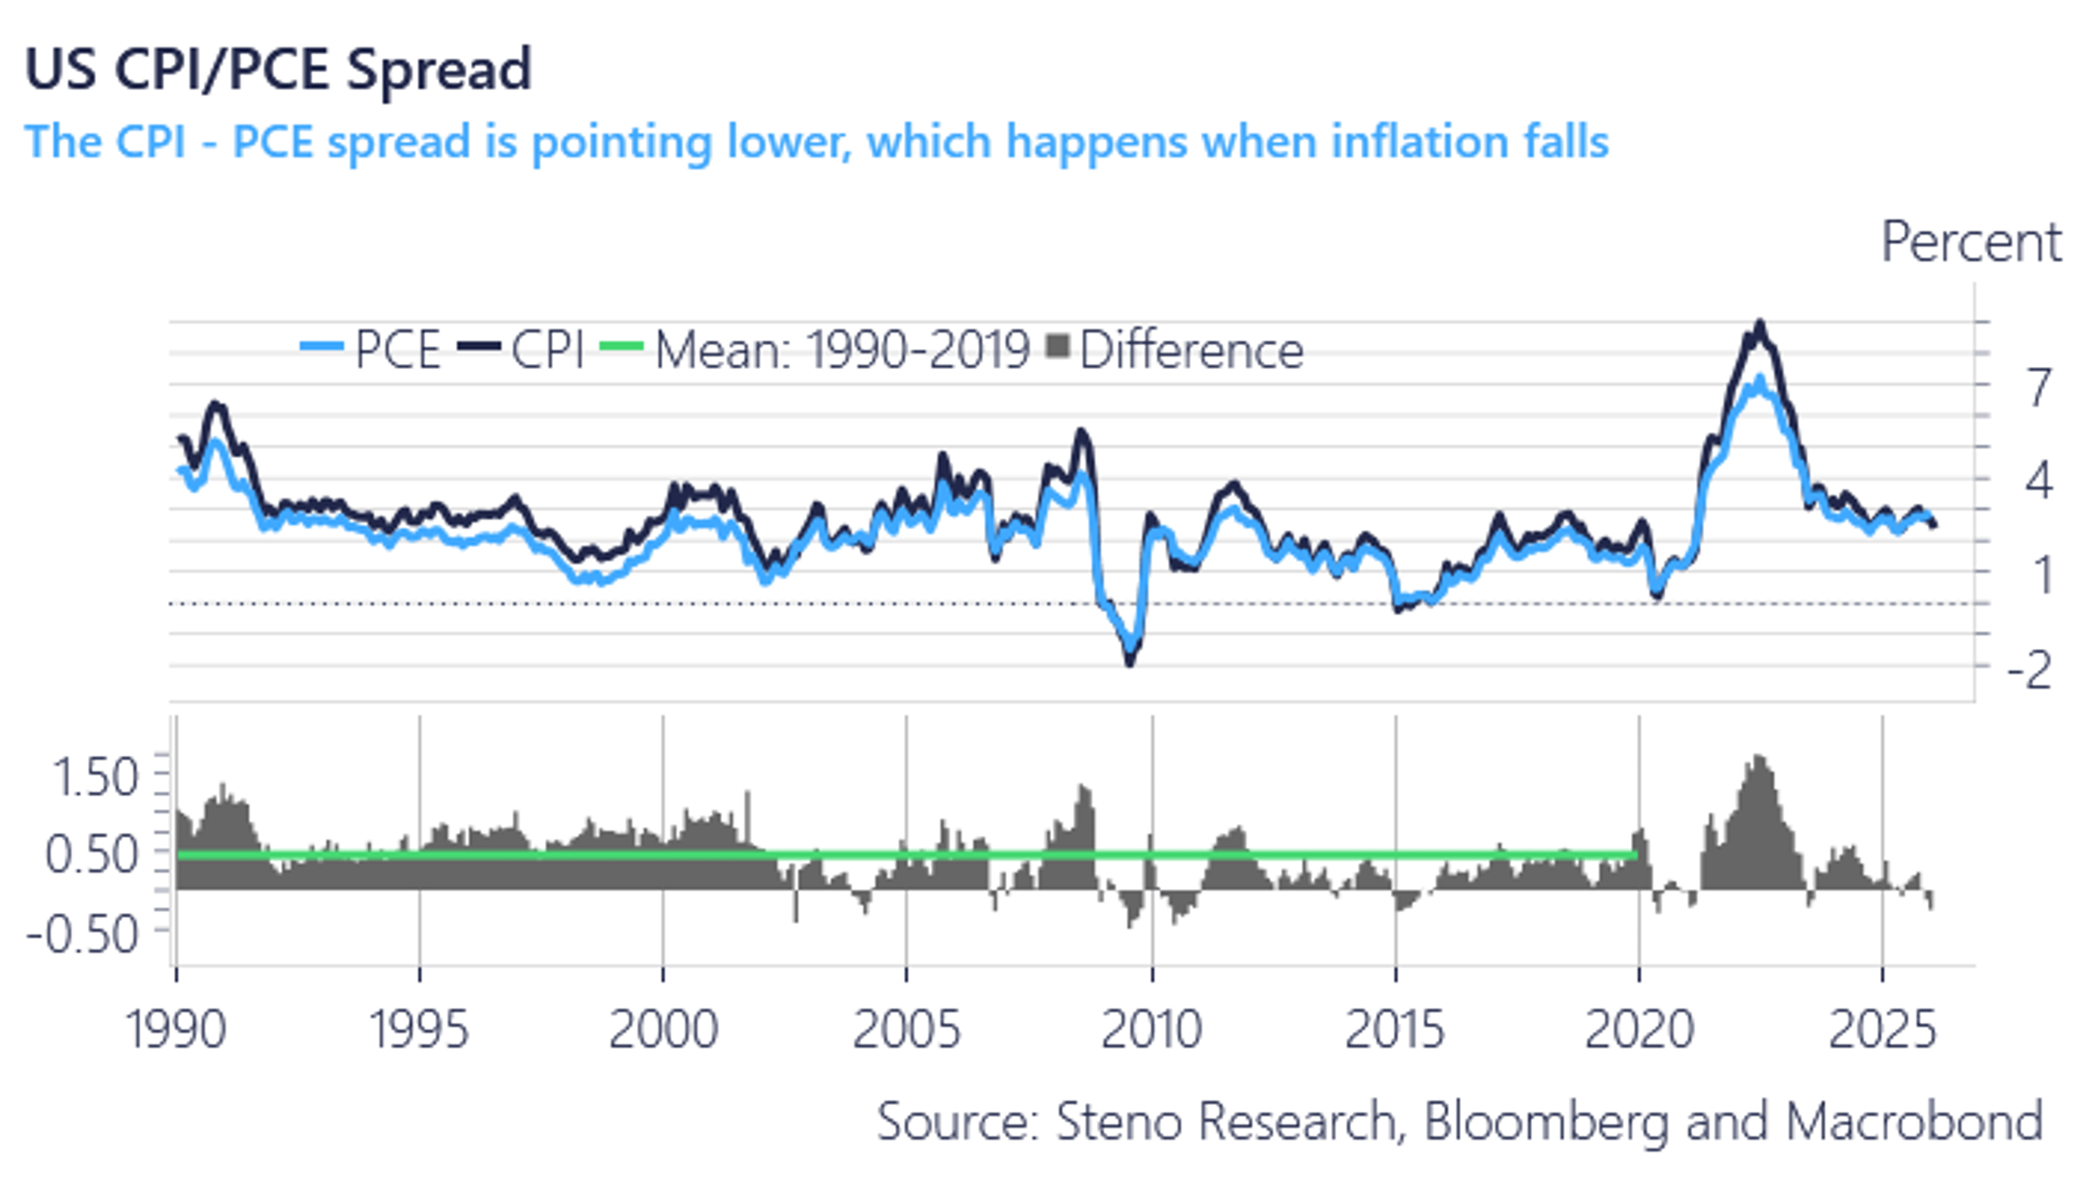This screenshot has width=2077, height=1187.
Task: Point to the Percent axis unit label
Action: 1970,242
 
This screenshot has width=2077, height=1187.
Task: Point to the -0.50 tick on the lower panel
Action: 82,933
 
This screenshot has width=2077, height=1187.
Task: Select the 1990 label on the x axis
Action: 175,1029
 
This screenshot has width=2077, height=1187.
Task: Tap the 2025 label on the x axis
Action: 1881,1029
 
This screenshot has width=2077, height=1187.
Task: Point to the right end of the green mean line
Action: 1636,854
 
